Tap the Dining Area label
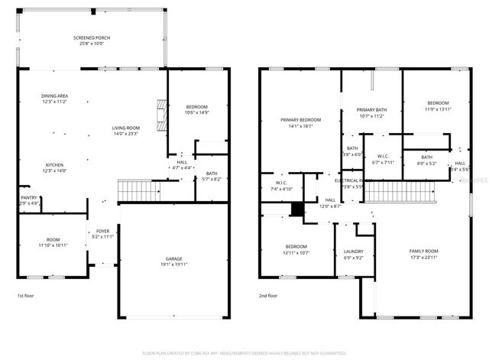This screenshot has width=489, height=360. pyautogui.click(x=55, y=96)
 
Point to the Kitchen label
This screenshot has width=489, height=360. pyautogui.click(x=55, y=164)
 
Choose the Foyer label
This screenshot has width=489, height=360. pyautogui.click(x=103, y=231)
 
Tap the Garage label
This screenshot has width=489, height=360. pyautogui.click(x=174, y=259)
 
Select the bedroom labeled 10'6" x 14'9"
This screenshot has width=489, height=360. pyautogui.click(x=196, y=109)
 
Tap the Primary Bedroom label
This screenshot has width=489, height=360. pyautogui.click(x=300, y=120)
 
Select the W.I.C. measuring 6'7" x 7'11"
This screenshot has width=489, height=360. pyautogui.click(x=384, y=158)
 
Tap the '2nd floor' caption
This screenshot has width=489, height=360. pyautogui.click(x=267, y=295)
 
